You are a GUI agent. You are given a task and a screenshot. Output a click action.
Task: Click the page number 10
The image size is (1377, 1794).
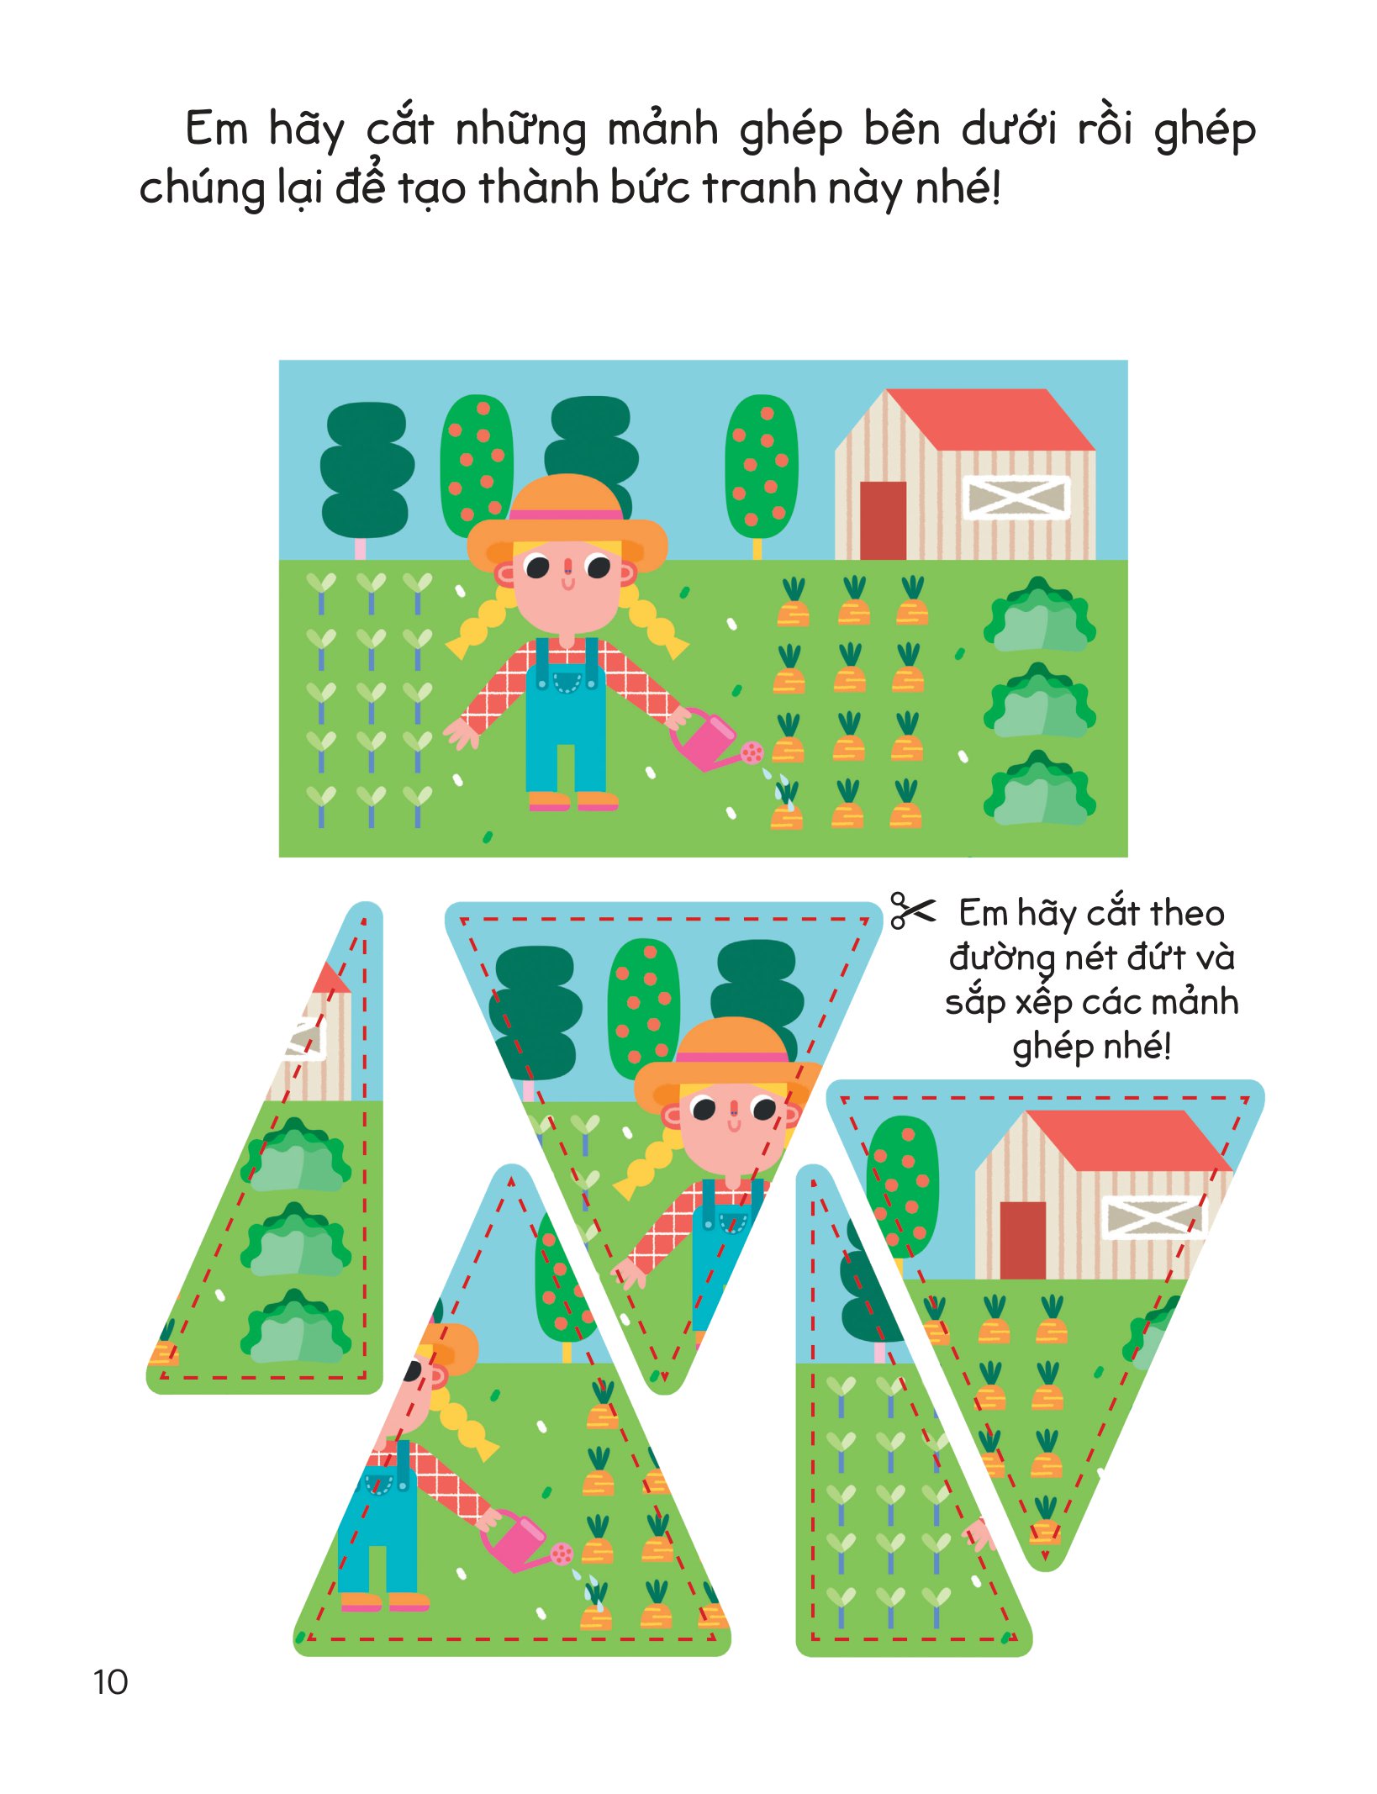coord(110,1682)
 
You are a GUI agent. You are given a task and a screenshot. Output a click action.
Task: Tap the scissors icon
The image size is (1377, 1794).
coord(912,910)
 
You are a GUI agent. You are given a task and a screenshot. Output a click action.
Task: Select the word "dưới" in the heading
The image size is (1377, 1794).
coord(1009,129)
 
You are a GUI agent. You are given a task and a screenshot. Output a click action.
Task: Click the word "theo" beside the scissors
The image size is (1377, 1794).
coord(1187,913)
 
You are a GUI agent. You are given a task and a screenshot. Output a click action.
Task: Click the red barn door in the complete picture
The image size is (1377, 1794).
coord(883,520)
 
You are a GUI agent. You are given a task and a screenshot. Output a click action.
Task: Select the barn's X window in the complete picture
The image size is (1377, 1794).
coord(1016,497)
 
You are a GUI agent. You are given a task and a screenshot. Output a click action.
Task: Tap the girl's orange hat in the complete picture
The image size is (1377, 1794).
coord(567,521)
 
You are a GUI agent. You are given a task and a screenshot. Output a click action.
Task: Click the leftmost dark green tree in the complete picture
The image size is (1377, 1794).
coord(367,471)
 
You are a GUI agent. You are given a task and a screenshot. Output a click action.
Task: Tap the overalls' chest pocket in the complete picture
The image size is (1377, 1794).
coord(567,681)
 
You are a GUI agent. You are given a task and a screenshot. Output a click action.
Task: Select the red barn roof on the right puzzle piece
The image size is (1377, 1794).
coord(1126,1140)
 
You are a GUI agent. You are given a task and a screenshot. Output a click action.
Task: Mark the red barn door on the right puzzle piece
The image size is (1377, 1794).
coord(1023,1241)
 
